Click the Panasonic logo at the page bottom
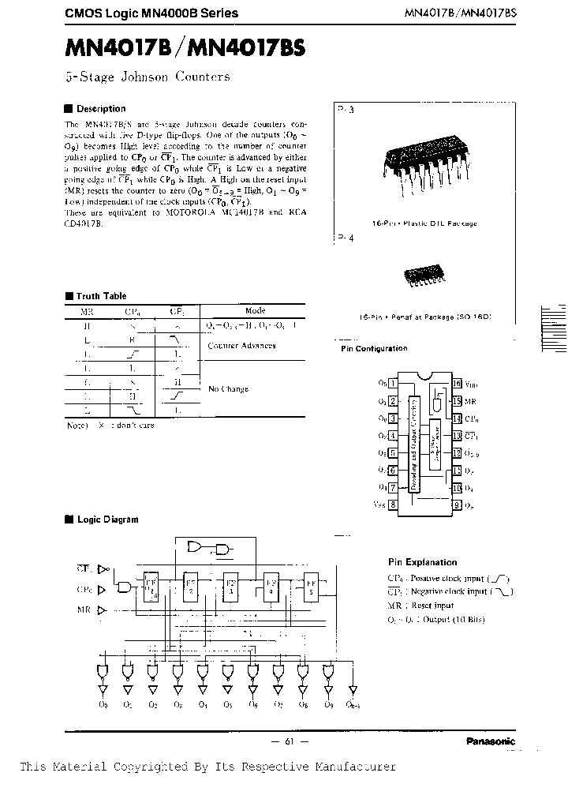[x=490, y=741]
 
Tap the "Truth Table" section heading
[x=100, y=296]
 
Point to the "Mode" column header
[x=255, y=311]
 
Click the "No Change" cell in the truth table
[x=228, y=389]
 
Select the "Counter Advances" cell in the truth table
[x=241, y=346]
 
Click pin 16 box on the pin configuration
[x=456, y=384]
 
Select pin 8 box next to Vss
[x=392, y=504]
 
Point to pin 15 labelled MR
[x=456, y=401]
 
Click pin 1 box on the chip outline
[x=392, y=384]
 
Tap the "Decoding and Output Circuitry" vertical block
[x=413, y=442]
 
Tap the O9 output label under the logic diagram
[x=330, y=704]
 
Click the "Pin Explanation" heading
[x=422, y=562]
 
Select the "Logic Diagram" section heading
[x=106, y=520]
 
